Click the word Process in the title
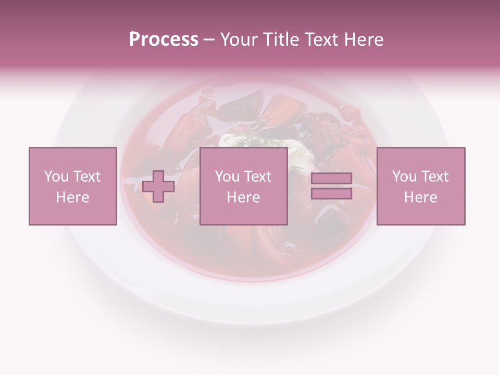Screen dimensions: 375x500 tap(164, 39)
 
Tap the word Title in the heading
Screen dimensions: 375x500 tap(282, 39)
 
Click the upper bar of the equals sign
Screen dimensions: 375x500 tap(331, 178)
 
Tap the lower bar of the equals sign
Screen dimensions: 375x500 tap(331, 194)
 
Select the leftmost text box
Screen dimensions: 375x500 tap(73, 186)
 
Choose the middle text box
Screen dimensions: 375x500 tap(243, 186)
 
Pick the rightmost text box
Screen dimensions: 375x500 tap(421, 186)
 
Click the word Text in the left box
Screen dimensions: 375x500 tap(86, 177)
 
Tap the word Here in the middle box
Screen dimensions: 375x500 tap(243, 197)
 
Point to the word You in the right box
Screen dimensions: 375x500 tap(405, 177)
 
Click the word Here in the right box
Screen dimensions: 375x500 tap(421, 197)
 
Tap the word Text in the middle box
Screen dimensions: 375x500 tap(257, 177)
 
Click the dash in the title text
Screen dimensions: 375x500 tap(209, 40)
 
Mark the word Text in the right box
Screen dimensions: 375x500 tap(434, 177)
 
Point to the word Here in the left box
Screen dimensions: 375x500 tap(73, 197)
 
